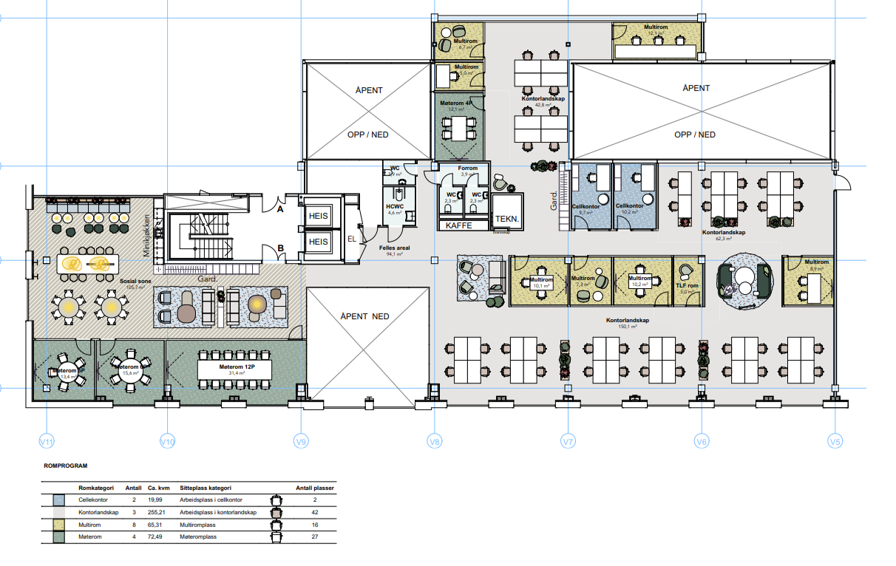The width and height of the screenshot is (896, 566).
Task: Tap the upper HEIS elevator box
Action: [x=318, y=214]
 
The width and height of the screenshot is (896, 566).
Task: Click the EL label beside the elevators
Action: [x=353, y=239]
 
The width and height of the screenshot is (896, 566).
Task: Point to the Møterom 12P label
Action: [x=236, y=367]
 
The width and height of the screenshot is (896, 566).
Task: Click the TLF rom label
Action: [x=688, y=285]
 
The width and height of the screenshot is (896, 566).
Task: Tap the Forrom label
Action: [x=468, y=168]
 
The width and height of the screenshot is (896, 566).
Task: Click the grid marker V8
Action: [x=435, y=442]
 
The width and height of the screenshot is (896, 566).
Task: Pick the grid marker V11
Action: [x=47, y=442]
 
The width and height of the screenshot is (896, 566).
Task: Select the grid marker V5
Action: [x=835, y=442]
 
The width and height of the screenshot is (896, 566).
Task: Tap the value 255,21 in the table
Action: [x=158, y=512]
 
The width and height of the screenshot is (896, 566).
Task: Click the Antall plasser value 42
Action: [x=315, y=512]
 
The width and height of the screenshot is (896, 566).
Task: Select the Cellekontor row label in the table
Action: [x=93, y=500]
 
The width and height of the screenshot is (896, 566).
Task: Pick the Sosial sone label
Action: [x=132, y=282]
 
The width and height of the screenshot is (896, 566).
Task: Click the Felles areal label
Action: [x=395, y=248]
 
